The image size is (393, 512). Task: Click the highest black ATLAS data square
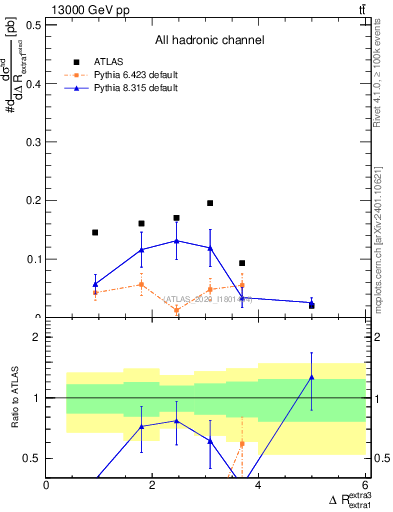[x=210, y=203]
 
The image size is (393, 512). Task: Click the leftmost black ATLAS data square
[x=95, y=232]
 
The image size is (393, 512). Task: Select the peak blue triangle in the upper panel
[x=176, y=241]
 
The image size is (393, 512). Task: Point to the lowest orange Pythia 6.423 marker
[x=176, y=310]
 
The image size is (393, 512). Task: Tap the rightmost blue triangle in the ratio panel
[x=312, y=377]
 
